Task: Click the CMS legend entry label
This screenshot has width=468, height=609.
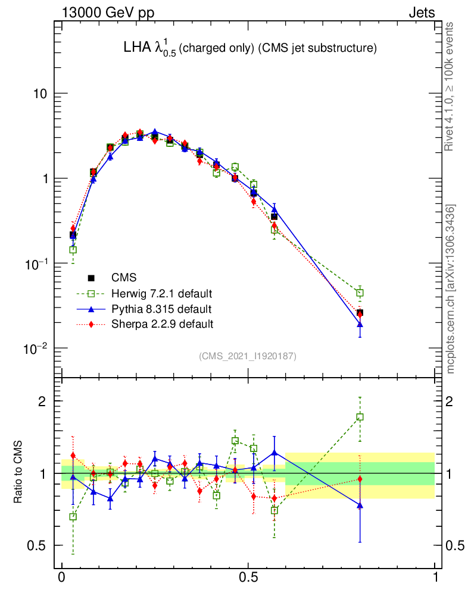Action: pyautogui.click(x=123, y=278)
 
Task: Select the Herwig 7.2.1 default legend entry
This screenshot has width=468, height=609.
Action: pyautogui.click(x=161, y=293)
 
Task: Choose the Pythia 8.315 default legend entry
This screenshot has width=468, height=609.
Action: pyautogui.click(x=161, y=309)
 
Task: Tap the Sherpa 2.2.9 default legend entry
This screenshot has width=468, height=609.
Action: pyautogui.click(x=161, y=324)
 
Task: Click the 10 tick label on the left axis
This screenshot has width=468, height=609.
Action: pyautogui.click(x=39, y=95)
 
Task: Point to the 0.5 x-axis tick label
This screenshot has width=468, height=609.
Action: pyautogui.click(x=248, y=577)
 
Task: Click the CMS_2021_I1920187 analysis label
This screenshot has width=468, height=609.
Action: pyautogui.click(x=248, y=356)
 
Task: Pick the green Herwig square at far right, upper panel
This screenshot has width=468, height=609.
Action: pyautogui.click(x=360, y=293)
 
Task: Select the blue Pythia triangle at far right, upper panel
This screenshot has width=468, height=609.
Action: pyautogui.click(x=360, y=324)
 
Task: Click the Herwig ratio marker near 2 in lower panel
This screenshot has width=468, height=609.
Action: pyautogui.click(x=360, y=417)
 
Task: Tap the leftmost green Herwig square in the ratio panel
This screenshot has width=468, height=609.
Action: pyautogui.click(x=73, y=517)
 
